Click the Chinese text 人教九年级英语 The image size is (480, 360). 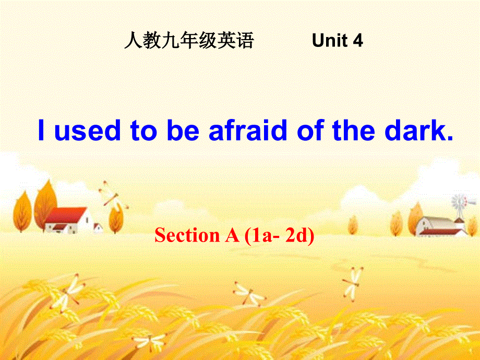[189, 41]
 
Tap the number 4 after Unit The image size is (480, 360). [358, 41]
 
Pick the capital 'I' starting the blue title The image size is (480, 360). [42, 131]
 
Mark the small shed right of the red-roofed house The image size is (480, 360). [98, 227]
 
